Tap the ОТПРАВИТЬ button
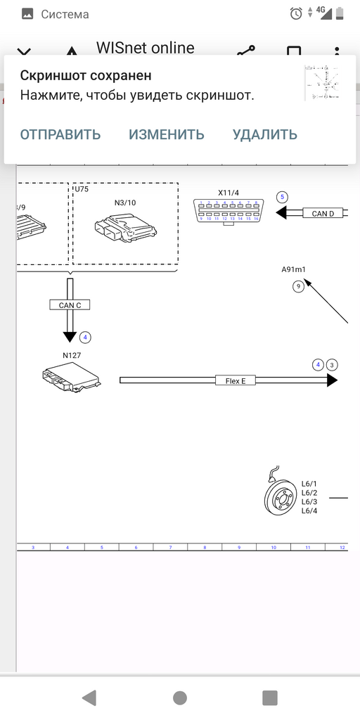click(60, 134)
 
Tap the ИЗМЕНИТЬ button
click(167, 134)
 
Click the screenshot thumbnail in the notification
click(325, 84)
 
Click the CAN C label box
click(70, 305)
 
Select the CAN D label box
click(323, 213)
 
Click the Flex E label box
click(235, 380)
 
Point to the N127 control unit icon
click(70, 378)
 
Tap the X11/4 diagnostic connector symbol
click(229, 211)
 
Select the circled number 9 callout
click(299, 285)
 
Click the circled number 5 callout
click(283, 197)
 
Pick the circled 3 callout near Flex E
click(333, 364)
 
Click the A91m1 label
click(294, 269)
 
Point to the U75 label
click(82, 189)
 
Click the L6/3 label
click(309, 501)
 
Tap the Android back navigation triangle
click(89, 697)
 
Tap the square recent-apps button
click(270, 697)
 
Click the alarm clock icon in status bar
click(296, 13)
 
